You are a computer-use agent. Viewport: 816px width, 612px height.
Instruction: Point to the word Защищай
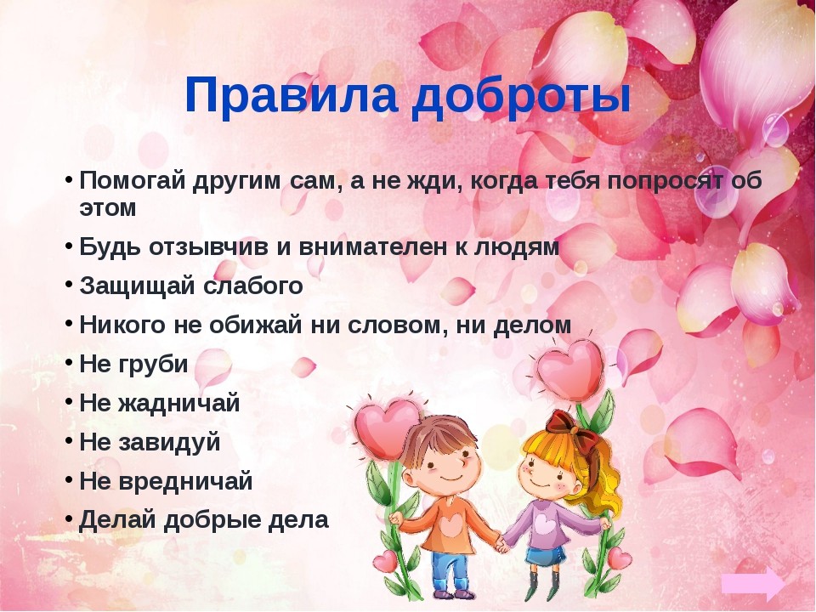[x=138, y=286]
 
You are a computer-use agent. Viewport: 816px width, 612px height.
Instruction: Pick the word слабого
[x=254, y=286]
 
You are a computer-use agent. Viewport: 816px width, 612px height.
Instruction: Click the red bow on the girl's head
[x=562, y=422]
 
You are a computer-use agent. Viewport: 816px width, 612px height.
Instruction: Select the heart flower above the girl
[x=570, y=366]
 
